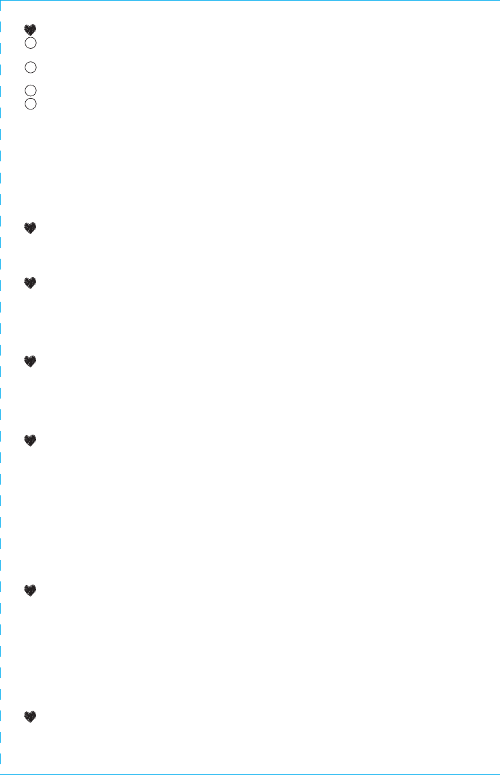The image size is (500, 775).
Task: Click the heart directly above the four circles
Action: click(x=30, y=30)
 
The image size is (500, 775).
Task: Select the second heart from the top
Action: click(x=30, y=228)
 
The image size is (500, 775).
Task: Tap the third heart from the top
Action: click(x=30, y=283)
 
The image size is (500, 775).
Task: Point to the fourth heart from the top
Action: click(x=30, y=361)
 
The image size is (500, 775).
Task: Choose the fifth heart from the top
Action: click(x=30, y=440)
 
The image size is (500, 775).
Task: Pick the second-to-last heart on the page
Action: click(x=30, y=590)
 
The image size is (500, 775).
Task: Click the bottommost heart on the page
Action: click(x=30, y=717)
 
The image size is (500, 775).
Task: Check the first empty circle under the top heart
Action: click(x=30, y=43)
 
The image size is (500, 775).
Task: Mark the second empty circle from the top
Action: click(x=30, y=66)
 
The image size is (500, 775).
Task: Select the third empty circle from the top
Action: click(x=30, y=90)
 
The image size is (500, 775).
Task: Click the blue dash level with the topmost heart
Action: click(x=1, y=28)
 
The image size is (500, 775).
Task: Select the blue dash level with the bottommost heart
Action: click(x=1, y=717)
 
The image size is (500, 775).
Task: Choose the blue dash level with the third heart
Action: click(x=1, y=283)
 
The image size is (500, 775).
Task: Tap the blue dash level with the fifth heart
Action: click(x=1, y=440)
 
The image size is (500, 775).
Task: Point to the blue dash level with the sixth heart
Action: click(x=1, y=590)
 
